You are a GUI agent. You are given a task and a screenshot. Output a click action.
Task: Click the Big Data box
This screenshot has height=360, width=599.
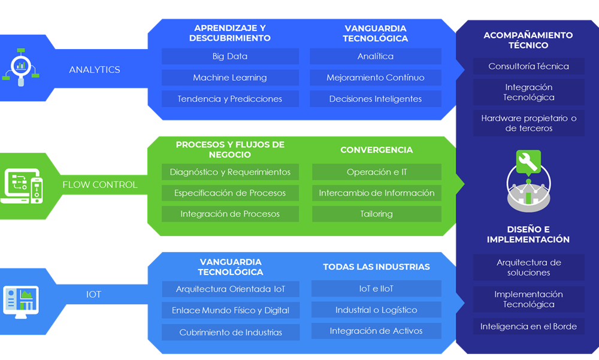230,56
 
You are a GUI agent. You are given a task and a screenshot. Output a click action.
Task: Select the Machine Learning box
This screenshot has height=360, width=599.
230,78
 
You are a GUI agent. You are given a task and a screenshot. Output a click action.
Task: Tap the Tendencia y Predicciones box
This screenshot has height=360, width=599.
230,99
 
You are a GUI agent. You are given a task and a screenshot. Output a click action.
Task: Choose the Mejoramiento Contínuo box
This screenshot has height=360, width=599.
376,78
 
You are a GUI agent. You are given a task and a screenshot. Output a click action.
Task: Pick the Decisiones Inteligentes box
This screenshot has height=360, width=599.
376,99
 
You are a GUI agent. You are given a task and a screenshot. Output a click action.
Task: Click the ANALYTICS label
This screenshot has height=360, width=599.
95,69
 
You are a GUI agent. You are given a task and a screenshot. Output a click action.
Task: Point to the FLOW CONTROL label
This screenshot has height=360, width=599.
100,184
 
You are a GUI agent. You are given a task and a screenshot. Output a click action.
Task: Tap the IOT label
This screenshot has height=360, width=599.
93,295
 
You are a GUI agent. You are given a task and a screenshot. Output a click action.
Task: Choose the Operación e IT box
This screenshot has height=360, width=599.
377,172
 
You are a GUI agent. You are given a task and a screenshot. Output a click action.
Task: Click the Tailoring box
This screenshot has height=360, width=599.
377,214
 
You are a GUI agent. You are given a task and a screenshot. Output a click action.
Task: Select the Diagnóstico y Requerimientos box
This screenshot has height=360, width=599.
230,172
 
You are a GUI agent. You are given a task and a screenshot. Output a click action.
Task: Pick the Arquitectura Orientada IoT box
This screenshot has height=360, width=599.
231,289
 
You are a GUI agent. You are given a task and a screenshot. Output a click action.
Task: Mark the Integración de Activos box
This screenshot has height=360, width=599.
376,331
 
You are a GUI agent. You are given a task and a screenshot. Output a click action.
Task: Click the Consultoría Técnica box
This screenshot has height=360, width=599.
529,66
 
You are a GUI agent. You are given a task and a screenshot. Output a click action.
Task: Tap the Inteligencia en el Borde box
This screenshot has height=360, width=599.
529,326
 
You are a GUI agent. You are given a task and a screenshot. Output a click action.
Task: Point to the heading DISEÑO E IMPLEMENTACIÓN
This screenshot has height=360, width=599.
528,234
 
